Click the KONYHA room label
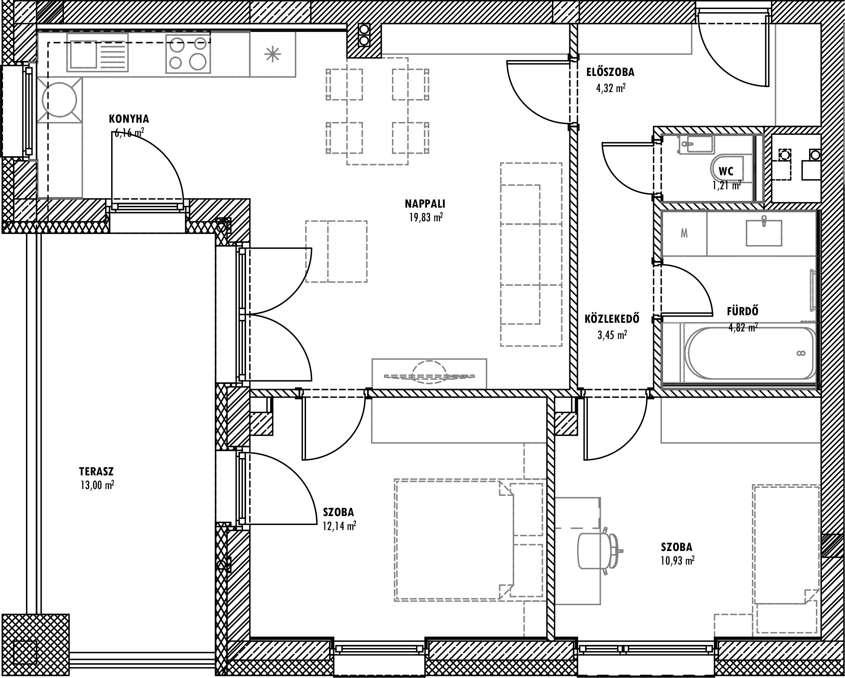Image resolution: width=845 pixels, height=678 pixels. [129, 119]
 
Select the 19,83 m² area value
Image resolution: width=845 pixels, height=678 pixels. [426, 217]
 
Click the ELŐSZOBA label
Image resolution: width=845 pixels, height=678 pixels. [610, 72]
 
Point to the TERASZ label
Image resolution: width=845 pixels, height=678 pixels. [96, 471]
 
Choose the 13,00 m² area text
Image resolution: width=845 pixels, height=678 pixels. [97, 485]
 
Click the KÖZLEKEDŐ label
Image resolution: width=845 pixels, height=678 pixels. [612, 318]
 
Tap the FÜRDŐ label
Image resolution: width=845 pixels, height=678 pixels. [743, 311]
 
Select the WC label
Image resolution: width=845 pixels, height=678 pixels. [726, 171]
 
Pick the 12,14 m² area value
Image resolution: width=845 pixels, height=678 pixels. [339, 526]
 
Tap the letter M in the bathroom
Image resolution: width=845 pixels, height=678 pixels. [684, 234]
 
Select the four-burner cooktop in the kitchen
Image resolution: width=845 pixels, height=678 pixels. [188, 54]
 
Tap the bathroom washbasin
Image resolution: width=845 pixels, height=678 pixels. [763, 232]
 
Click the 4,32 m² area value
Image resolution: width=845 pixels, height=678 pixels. [611, 88]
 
